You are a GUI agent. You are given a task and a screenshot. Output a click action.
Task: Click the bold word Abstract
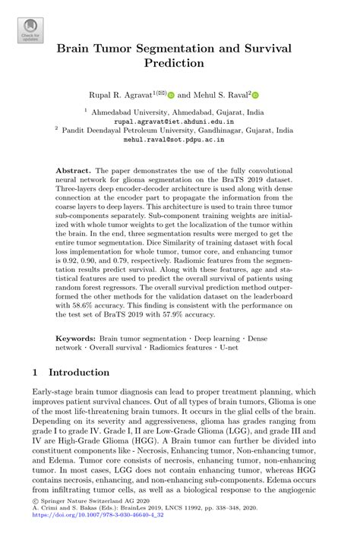pyautogui.click(x=74, y=171)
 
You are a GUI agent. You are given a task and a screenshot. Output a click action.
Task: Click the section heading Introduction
pyautogui.click(x=79, y=373)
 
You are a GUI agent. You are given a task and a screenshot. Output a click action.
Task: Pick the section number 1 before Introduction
pyautogui.click(x=36, y=373)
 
